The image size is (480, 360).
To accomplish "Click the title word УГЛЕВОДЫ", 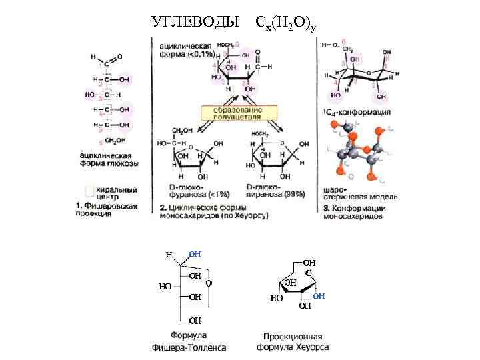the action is (x=195, y=23).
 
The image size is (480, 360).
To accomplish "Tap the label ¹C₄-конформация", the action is (x=357, y=112).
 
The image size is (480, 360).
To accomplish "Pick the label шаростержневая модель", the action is (x=360, y=193).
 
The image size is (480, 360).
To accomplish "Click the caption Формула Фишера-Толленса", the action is (x=189, y=341).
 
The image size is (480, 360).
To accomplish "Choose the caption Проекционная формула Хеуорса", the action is (x=293, y=342).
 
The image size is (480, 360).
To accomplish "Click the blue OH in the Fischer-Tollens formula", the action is (x=195, y=254).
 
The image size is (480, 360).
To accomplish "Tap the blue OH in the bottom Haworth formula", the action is (x=319, y=295).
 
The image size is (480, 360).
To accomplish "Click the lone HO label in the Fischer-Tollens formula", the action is (x=165, y=286).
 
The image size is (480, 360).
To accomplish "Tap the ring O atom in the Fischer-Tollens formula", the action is (x=209, y=283).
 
